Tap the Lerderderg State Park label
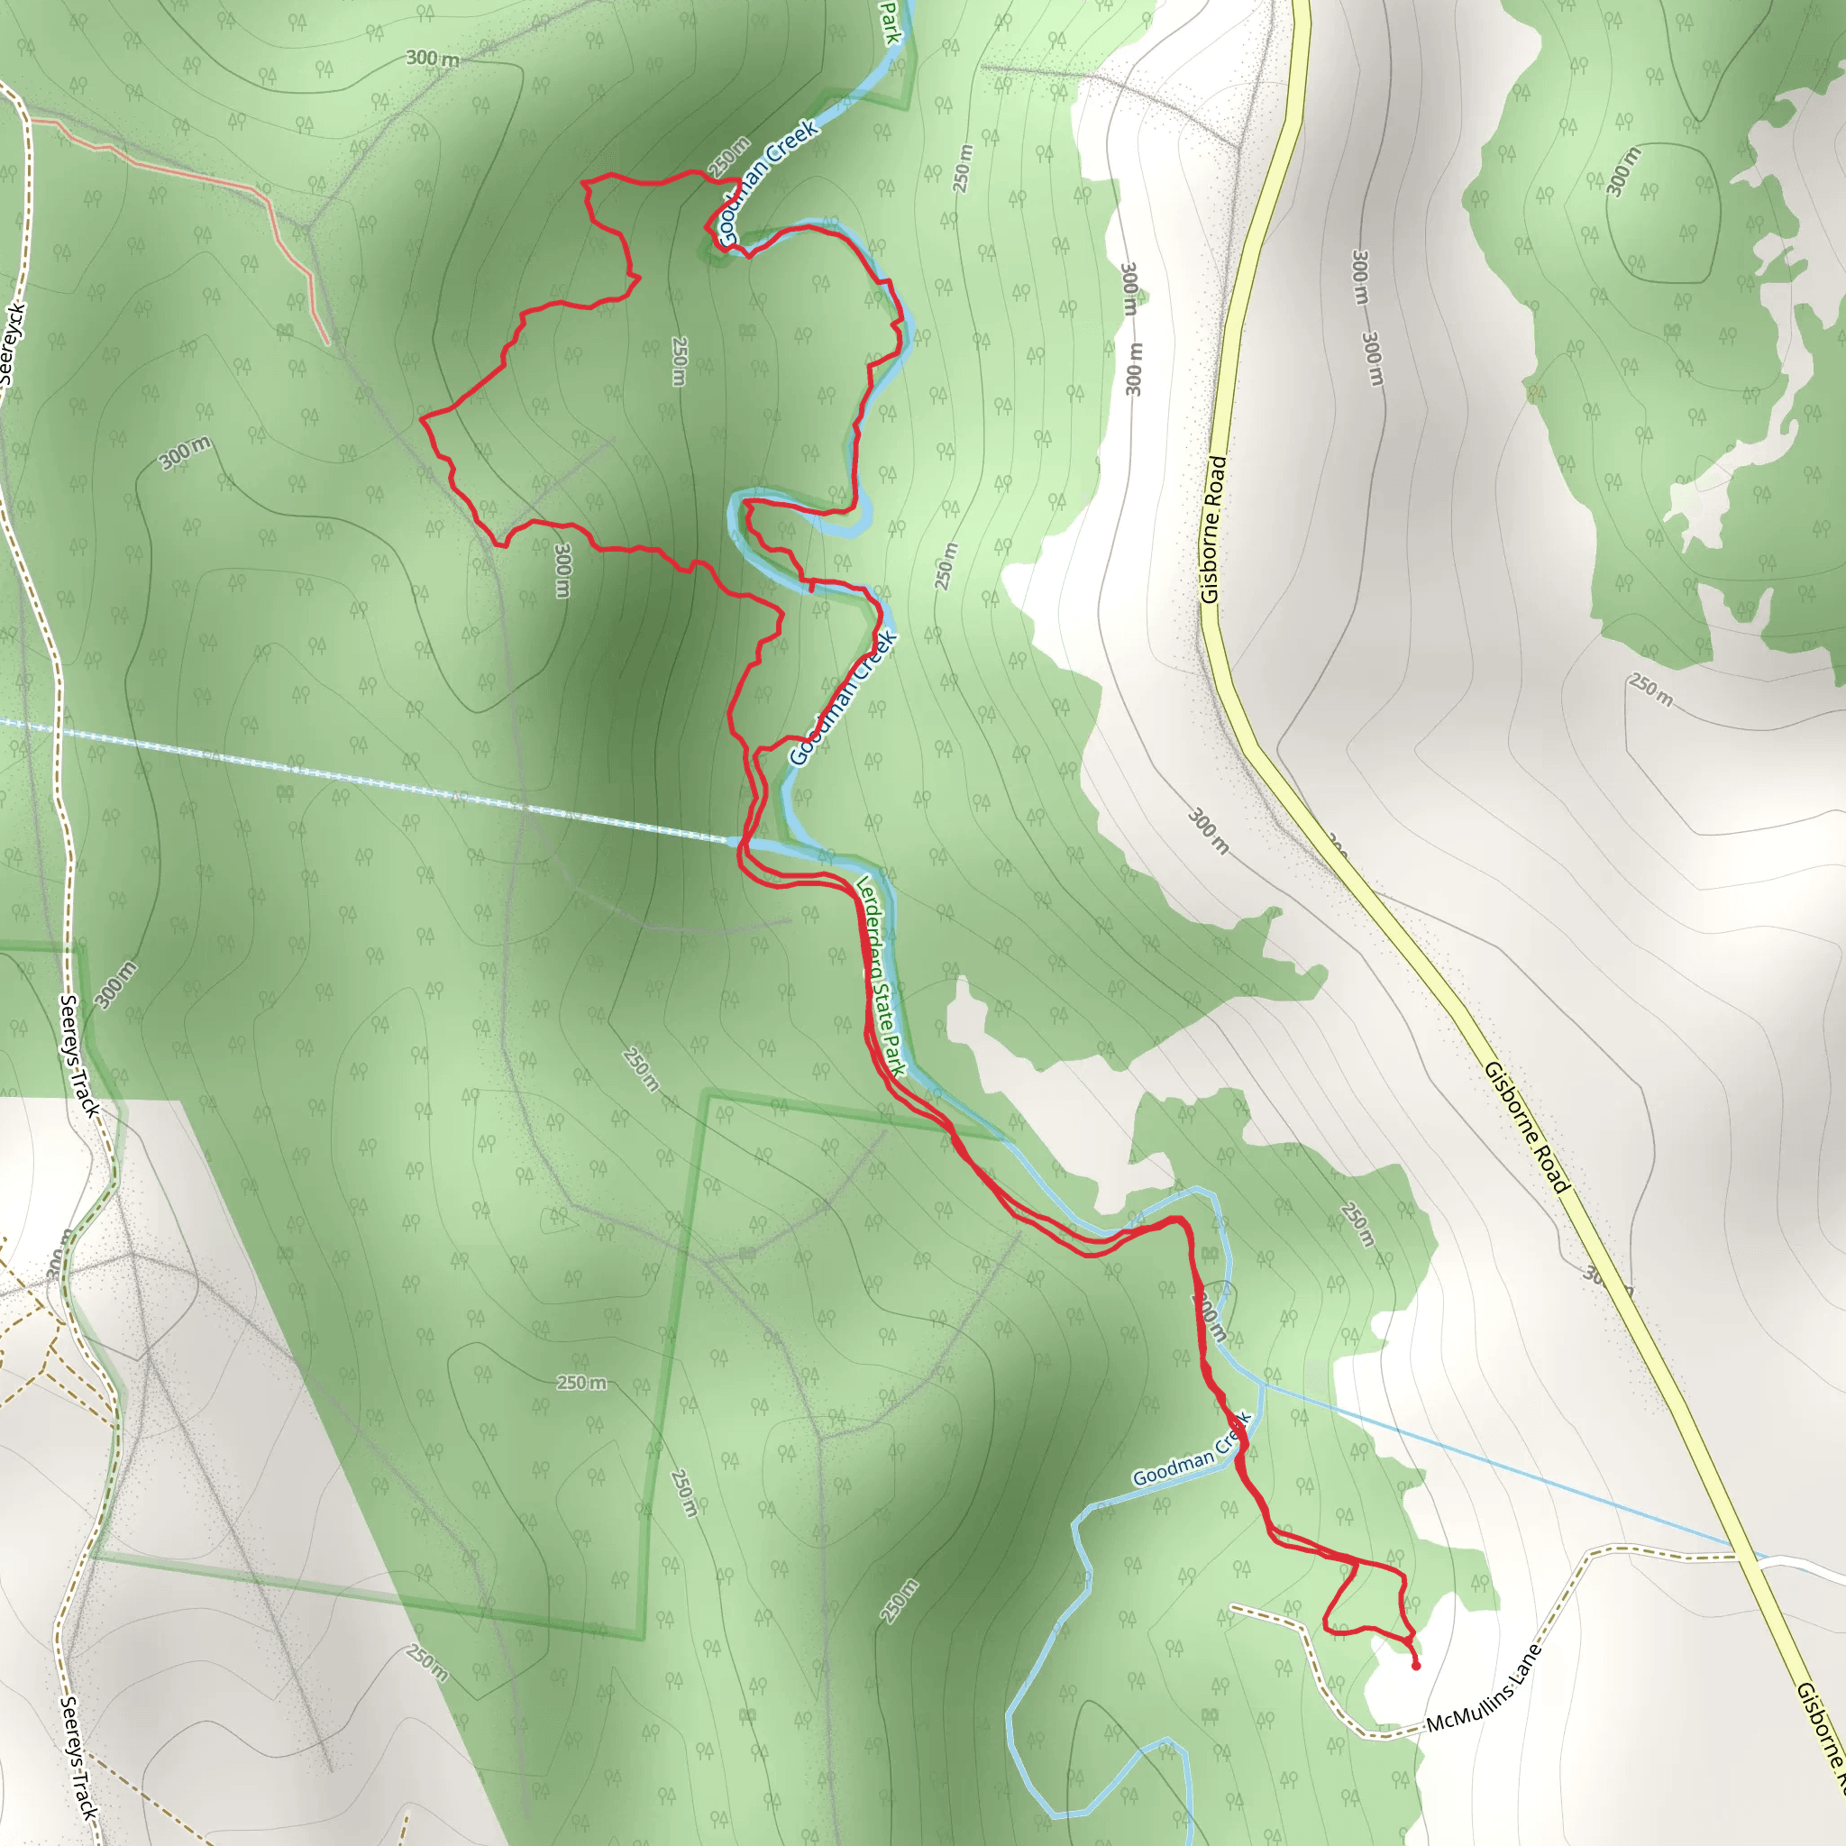(x=880, y=975)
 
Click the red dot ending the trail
(x=1416, y=1666)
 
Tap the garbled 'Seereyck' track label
(x=14, y=344)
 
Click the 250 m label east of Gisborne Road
(x=1651, y=690)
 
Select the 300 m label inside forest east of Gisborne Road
(x=1623, y=171)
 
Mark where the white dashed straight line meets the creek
(x=736, y=841)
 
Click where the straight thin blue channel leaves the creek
(x=1262, y=1382)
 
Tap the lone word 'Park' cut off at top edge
(x=891, y=21)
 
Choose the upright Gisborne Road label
(x=1213, y=529)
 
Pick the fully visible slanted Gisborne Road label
(x=1527, y=1128)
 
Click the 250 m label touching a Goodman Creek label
(x=728, y=157)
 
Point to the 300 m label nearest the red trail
(x=562, y=571)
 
